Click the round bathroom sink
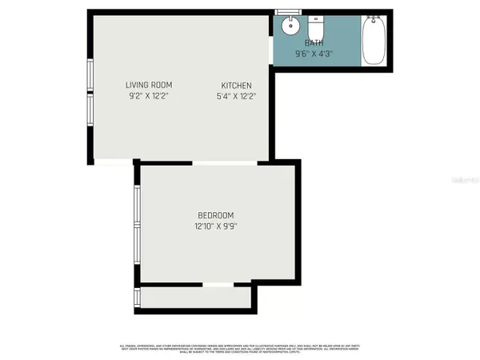pyautogui.click(x=290, y=26)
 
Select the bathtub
pyautogui.click(x=374, y=42)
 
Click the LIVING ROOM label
pyautogui.click(x=149, y=85)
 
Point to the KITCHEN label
pyautogui.click(x=237, y=86)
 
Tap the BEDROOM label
pyautogui.click(x=216, y=215)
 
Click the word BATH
pyautogui.click(x=315, y=43)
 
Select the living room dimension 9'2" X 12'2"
pyautogui.click(x=149, y=96)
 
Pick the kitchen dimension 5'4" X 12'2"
pyautogui.click(x=237, y=96)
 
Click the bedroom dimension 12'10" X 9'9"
pyautogui.click(x=216, y=226)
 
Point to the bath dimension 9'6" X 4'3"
pyautogui.click(x=315, y=54)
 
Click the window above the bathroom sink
pyautogui.click(x=286, y=12)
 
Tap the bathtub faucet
pyautogui.click(x=374, y=16)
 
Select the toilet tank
pyautogui.click(x=315, y=18)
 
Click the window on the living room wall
pyautogui.click(x=90, y=96)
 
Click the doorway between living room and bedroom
pyautogui.click(x=224, y=162)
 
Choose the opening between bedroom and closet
pyautogui.click(x=217, y=284)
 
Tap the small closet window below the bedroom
pyautogui.click(x=138, y=298)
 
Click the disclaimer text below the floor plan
pyautogui.click(x=240, y=348)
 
